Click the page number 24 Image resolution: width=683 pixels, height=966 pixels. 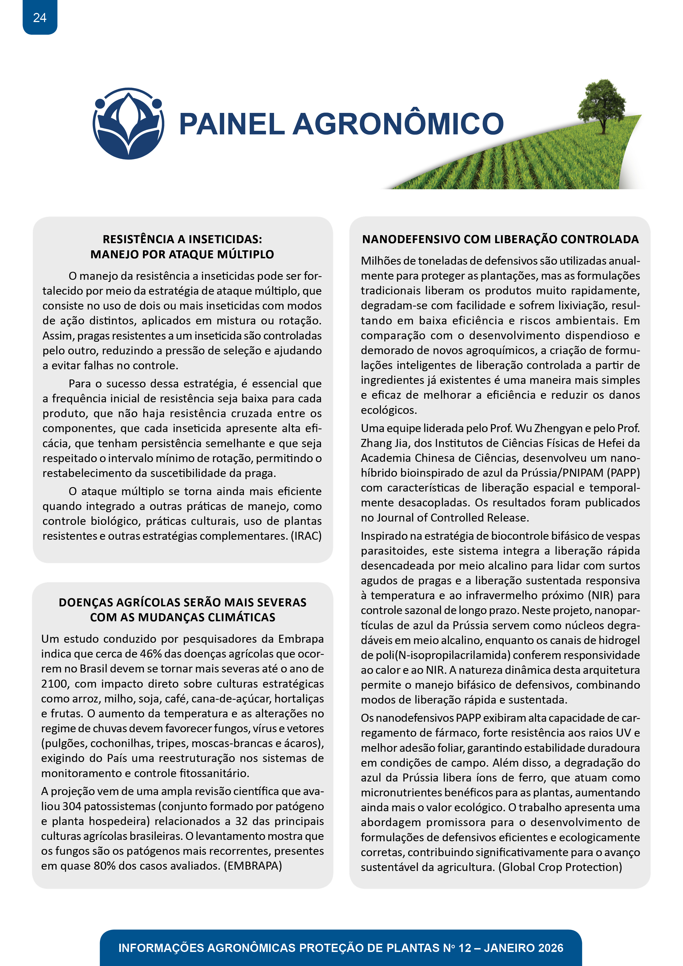[x=40, y=18]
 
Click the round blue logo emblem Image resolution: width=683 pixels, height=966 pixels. [x=128, y=124]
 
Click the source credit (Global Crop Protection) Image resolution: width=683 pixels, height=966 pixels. [x=560, y=867]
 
